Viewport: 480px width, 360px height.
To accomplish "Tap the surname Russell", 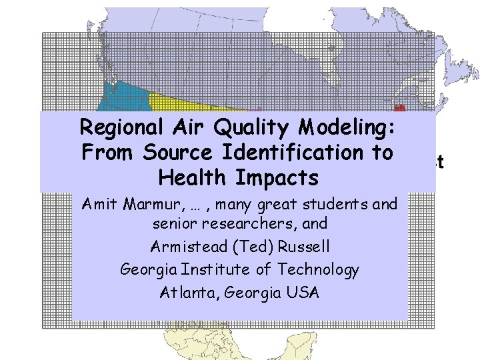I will tap(304, 247).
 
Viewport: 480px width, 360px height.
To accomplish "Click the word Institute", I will tap(219, 269).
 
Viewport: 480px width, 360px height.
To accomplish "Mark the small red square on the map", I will tap(400, 107).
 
